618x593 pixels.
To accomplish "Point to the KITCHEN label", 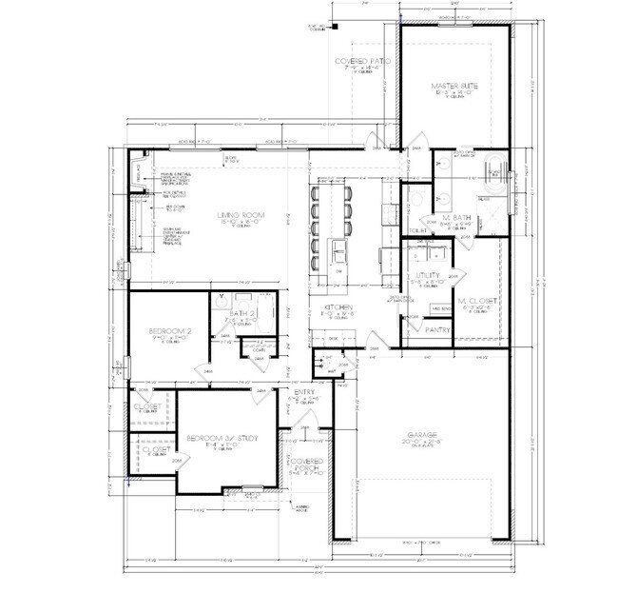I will tap(338, 307).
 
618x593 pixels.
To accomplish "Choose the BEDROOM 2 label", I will tap(172, 332).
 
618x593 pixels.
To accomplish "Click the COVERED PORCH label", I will tap(307, 465).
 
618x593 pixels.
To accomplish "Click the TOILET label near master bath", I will tap(417, 230).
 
